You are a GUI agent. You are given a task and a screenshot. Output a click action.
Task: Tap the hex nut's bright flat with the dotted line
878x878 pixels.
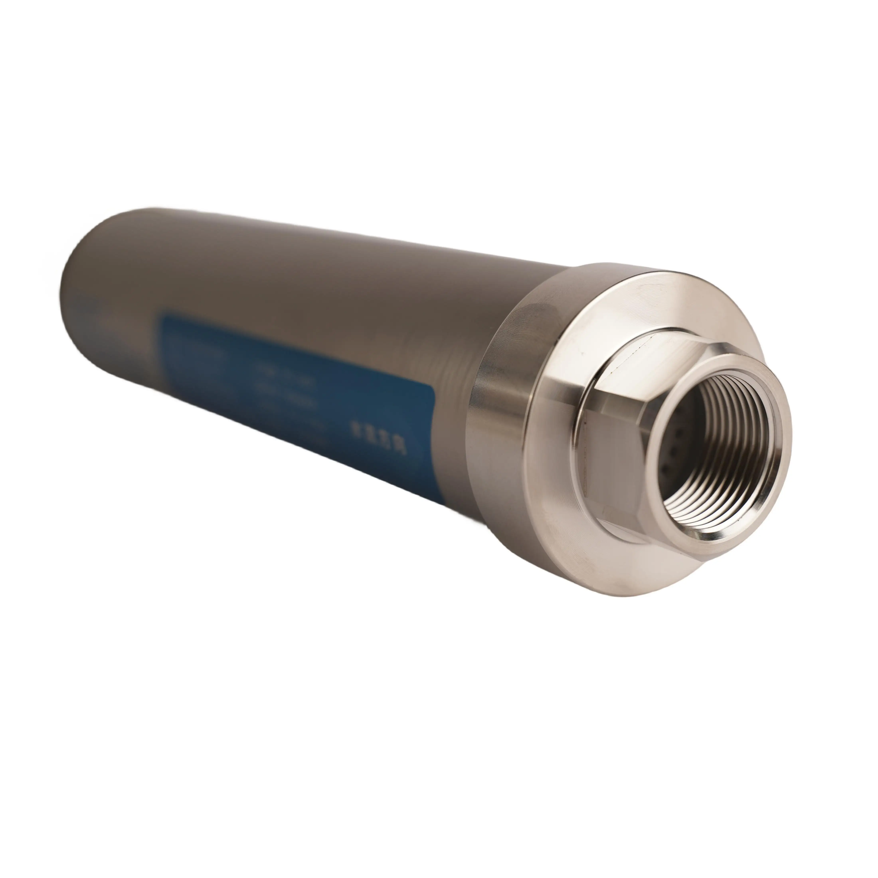pyautogui.click(x=636, y=354)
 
